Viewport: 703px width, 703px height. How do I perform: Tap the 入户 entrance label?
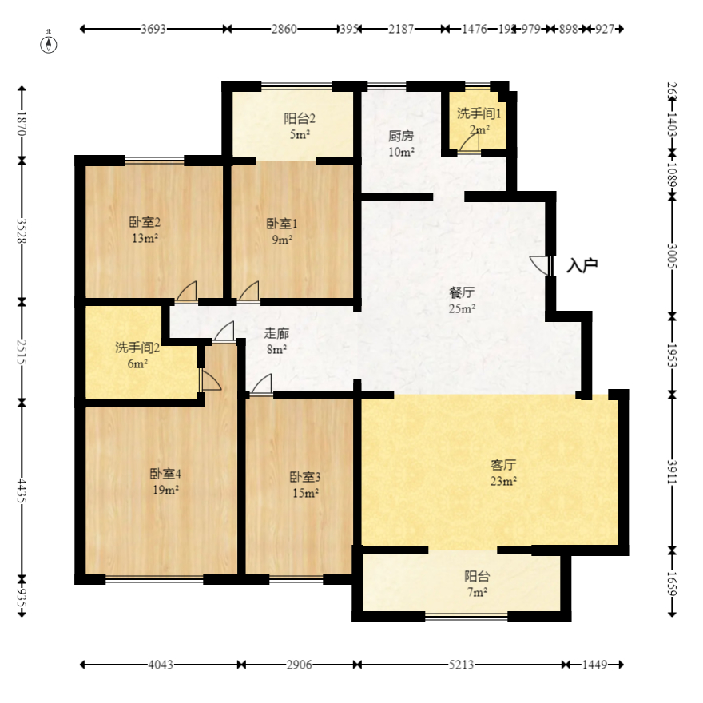(582, 265)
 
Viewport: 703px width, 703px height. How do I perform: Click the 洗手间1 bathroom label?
(479, 114)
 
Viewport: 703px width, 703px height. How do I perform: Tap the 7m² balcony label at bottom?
(476, 592)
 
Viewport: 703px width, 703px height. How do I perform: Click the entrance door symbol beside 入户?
(542, 266)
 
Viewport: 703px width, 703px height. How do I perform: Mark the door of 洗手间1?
(469, 143)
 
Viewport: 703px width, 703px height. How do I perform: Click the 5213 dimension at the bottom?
(461, 665)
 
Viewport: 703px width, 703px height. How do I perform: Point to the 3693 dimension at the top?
(153, 30)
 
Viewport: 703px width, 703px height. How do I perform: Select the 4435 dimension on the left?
(22, 488)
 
